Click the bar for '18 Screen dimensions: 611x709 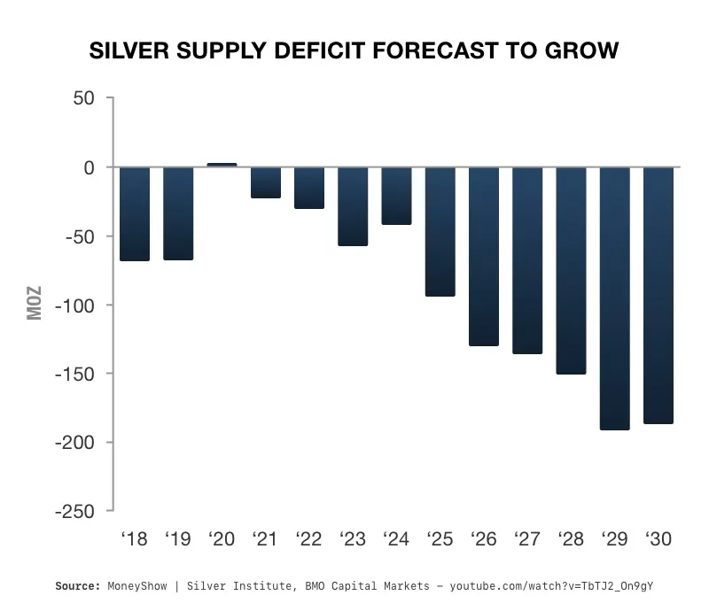135,213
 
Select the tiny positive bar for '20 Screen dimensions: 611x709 222,165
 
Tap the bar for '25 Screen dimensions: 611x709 440,231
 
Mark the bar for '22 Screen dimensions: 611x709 309,188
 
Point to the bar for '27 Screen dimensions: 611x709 527,260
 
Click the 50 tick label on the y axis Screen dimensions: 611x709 84,98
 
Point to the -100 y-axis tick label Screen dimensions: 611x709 76,305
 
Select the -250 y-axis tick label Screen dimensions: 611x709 76,511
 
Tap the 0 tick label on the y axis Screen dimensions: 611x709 90,167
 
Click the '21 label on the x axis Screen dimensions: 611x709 265,538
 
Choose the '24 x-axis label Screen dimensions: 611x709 396,538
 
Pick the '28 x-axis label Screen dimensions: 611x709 571,538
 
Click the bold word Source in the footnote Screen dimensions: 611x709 78,586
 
